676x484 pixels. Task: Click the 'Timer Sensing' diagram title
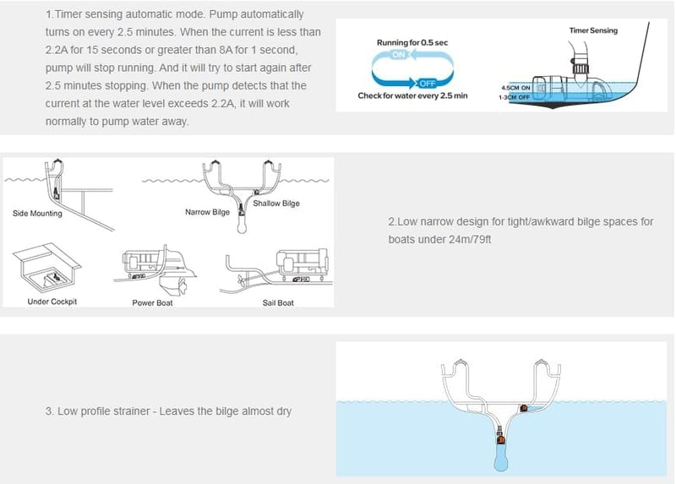coord(593,30)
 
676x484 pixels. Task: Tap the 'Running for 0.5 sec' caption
coord(412,43)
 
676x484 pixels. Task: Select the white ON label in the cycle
coord(399,55)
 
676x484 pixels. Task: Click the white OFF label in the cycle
coord(428,84)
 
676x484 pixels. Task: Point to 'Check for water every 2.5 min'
coord(412,95)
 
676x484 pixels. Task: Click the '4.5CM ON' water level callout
coord(515,88)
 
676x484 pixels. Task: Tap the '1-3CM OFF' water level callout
coord(514,97)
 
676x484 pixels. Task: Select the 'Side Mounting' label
coord(37,214)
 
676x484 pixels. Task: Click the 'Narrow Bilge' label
coord(207,212)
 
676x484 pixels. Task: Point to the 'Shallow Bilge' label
coord(276,204)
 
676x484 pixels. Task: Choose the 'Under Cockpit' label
coord(52,302)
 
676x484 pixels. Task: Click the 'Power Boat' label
coord(152,303)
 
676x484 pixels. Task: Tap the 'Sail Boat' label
coord(278,303)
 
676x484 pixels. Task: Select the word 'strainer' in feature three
coord(130,411)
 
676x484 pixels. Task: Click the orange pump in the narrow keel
coord(501,439)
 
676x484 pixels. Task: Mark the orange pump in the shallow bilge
coord(524,408)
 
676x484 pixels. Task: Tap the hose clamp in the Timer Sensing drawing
coord(580,68)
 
